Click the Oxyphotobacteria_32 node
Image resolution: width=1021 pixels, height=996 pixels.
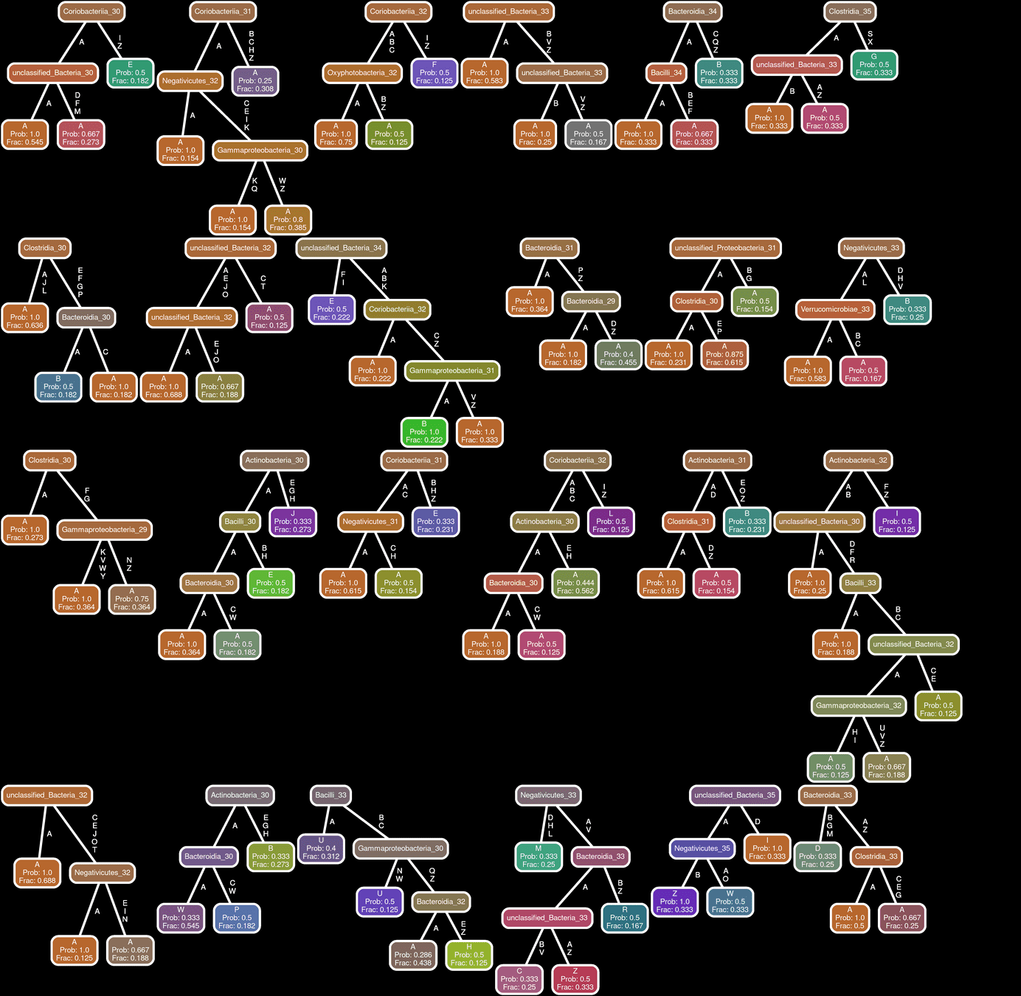(361, 73)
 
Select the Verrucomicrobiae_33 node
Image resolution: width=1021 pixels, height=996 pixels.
(835, 309)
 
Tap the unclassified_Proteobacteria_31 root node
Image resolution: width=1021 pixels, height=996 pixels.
(725, 248)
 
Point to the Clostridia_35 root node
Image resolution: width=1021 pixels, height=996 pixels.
(849, 12)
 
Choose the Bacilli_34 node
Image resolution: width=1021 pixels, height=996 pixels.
(666, 73)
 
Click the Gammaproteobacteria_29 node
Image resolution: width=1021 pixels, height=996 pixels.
(104, 530)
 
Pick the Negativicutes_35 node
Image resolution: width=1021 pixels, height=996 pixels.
(702, 848)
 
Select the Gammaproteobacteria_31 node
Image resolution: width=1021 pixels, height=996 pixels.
(451, 370)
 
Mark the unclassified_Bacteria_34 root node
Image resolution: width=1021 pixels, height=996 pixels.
(341, 248)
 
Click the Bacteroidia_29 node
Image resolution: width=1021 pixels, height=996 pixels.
(590, 301)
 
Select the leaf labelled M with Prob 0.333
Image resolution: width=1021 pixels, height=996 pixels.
(538, 857)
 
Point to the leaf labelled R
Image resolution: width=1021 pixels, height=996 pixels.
(624, 918)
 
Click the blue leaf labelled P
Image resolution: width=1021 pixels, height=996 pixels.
(236, 918)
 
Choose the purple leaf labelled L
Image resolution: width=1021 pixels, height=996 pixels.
(610, 522)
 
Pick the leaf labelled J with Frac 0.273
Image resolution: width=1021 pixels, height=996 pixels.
(292, 522)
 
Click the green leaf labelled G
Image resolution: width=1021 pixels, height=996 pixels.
(873, 65)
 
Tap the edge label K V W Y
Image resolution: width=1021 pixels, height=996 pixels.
(103, 564)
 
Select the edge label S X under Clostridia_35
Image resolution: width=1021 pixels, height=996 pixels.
(870, 38)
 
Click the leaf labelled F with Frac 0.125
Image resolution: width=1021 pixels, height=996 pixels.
(434, 73)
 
